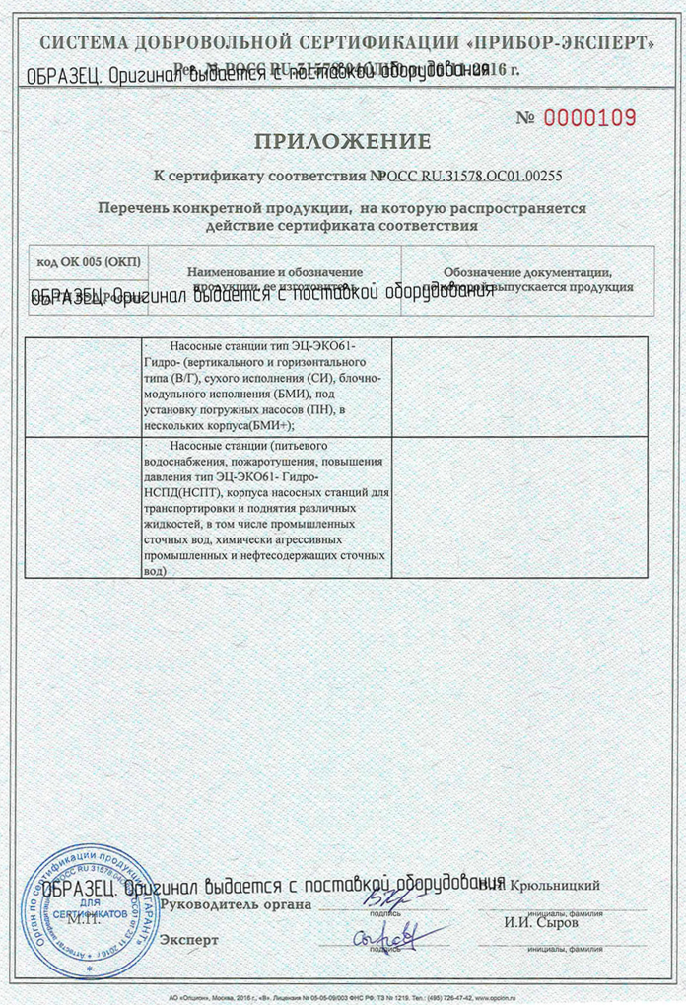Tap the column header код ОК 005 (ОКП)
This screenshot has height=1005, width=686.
click(x=89, y=261)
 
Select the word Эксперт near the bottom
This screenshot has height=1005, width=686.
click(x=189, y=940)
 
